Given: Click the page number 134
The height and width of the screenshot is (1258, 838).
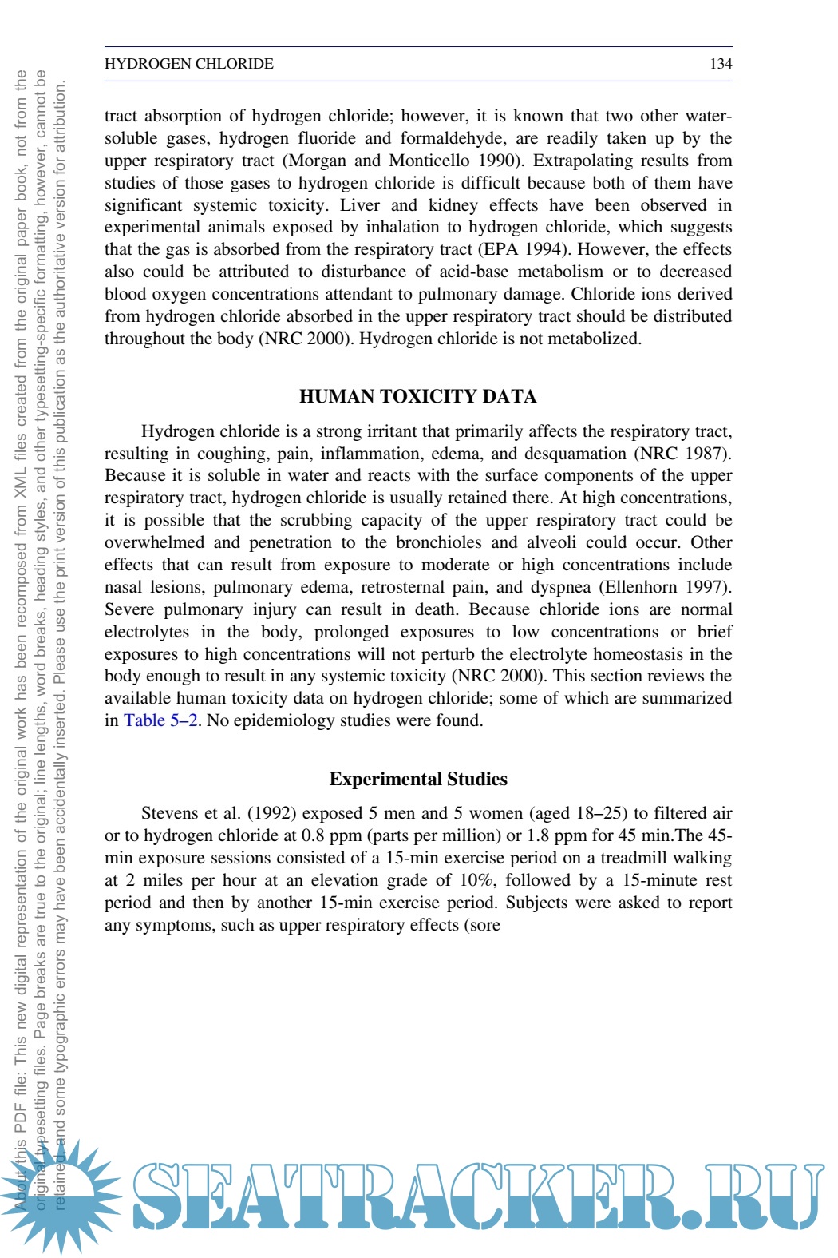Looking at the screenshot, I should [720, 64].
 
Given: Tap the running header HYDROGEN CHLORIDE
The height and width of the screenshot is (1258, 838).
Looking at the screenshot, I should [189, 64].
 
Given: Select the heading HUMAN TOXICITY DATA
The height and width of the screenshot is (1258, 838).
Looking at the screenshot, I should [418, 396].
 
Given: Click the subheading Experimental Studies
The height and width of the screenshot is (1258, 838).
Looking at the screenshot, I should [418, 779].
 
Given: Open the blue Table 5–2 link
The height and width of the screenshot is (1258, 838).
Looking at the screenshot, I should [160, 720].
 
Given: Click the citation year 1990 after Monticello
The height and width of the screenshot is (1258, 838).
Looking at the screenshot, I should [498, 161].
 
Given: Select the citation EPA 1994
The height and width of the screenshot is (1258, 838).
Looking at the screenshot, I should [534, 249].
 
